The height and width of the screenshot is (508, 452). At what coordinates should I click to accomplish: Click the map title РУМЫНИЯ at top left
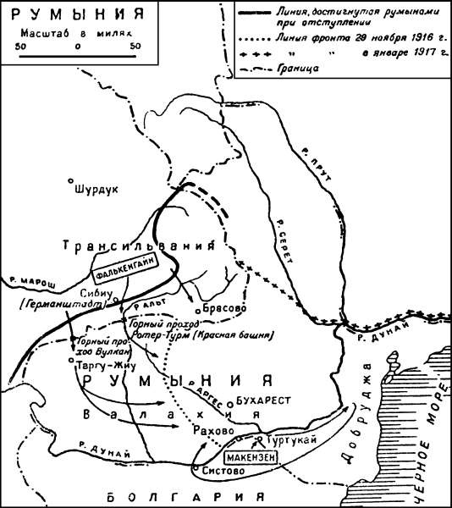[65, 14]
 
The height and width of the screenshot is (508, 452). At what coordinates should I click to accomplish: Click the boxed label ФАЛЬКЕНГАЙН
[130, 274]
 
